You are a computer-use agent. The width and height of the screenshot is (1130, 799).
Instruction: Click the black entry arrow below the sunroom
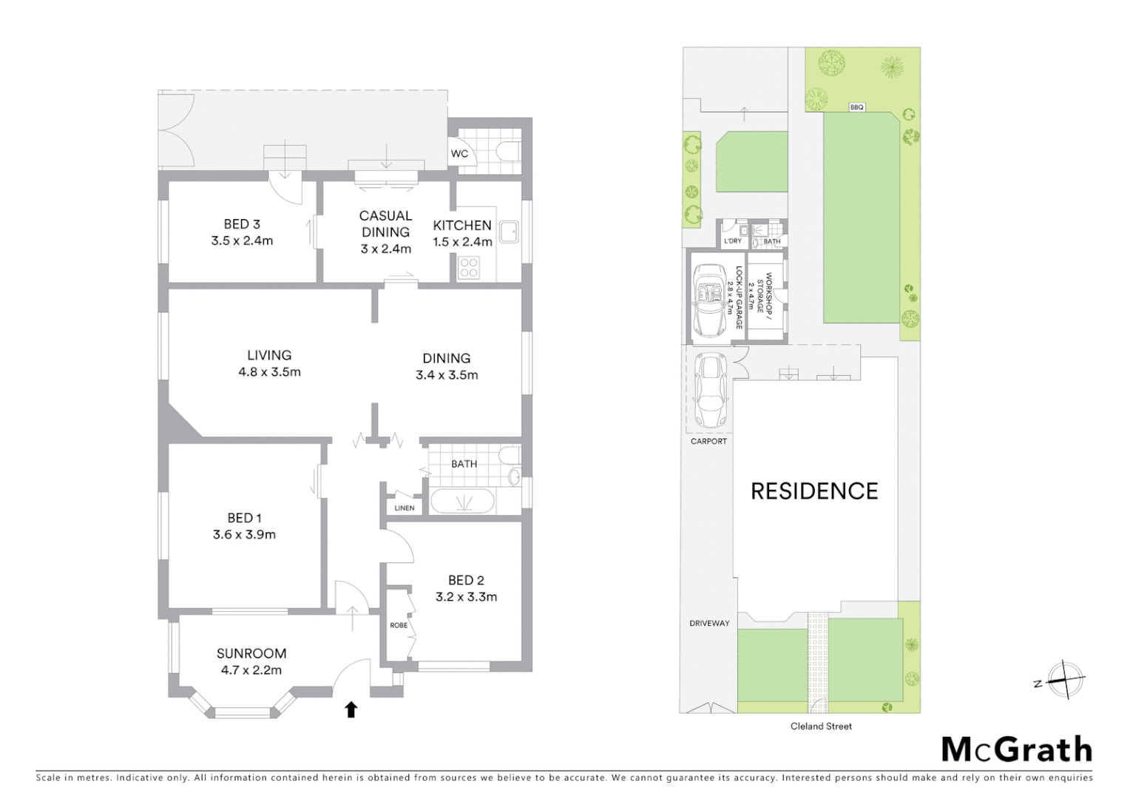point(351,709)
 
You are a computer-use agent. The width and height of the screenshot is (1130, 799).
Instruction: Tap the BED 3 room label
point(242,224)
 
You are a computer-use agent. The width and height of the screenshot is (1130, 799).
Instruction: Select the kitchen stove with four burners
point(469,267)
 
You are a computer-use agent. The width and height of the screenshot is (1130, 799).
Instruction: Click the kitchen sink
point(509,232)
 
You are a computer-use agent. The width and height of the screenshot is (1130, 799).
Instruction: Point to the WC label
point(459,154)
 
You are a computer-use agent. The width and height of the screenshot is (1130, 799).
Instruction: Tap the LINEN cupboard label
point(405,508)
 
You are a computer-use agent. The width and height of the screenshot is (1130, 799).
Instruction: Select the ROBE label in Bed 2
point(399,625)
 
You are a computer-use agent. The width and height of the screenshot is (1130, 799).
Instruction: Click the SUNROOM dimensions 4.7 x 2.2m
point(251,670)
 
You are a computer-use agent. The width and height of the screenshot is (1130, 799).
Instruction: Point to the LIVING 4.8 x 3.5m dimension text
point(269,372)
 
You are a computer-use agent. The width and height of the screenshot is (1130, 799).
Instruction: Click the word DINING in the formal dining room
point(446,358)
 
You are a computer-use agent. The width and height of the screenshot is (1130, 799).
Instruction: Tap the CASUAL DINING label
point(385,223)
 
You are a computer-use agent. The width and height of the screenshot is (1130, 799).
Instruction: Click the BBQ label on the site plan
point(856,107)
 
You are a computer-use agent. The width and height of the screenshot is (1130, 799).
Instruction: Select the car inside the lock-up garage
point(710,300)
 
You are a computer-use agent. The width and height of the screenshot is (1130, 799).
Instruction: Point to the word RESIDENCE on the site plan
point(814,491)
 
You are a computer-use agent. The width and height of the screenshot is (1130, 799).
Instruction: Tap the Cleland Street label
point(821,726)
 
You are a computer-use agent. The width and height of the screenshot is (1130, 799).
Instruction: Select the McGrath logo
point(1017,749)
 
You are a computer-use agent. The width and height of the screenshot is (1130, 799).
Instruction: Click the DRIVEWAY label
point(709,624)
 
